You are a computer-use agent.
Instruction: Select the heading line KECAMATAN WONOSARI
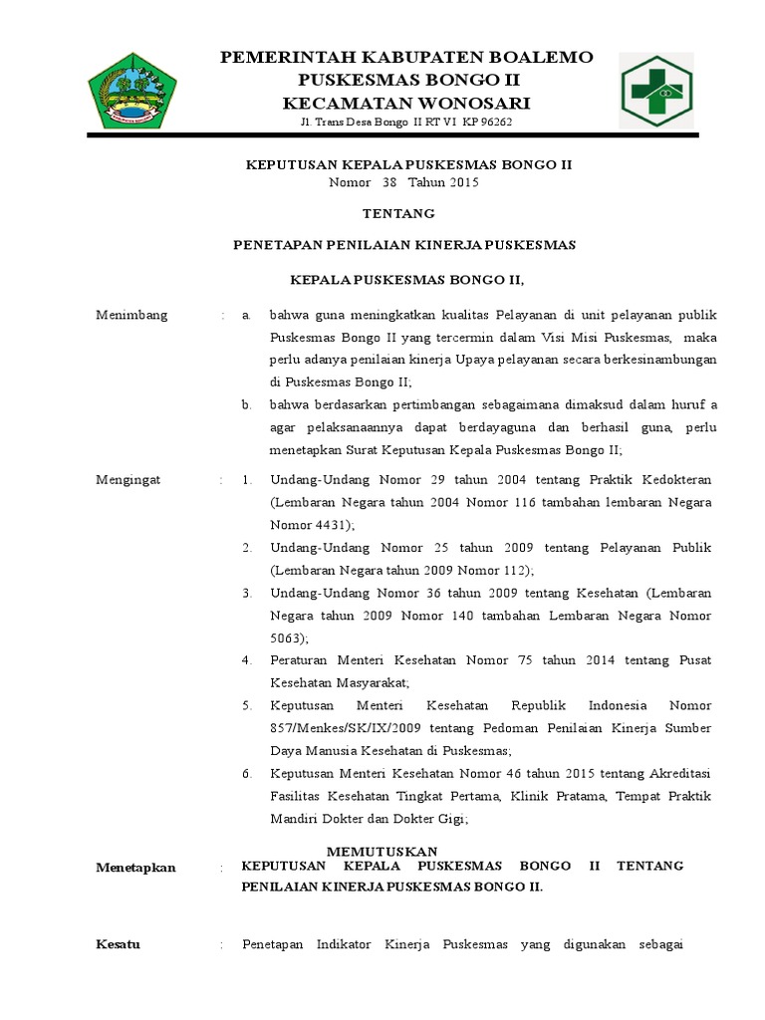[x=406, y=103]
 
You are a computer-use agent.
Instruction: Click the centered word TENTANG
[x=398, y=213]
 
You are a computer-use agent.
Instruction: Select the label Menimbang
[x=131, y=316]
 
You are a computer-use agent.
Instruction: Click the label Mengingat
[x=127, y=480]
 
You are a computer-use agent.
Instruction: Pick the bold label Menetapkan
[x=135, y=868]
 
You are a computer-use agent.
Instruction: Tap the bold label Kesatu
[x=118, y=944]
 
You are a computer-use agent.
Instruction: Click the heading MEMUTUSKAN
[x=382, y=851]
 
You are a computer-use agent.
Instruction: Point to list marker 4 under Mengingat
[x=246, y=660]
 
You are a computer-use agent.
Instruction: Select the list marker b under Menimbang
[x=246, y=404]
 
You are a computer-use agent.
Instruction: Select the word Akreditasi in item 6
[x=678, y=774]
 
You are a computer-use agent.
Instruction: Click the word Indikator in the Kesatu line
[x=344, y=944]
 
